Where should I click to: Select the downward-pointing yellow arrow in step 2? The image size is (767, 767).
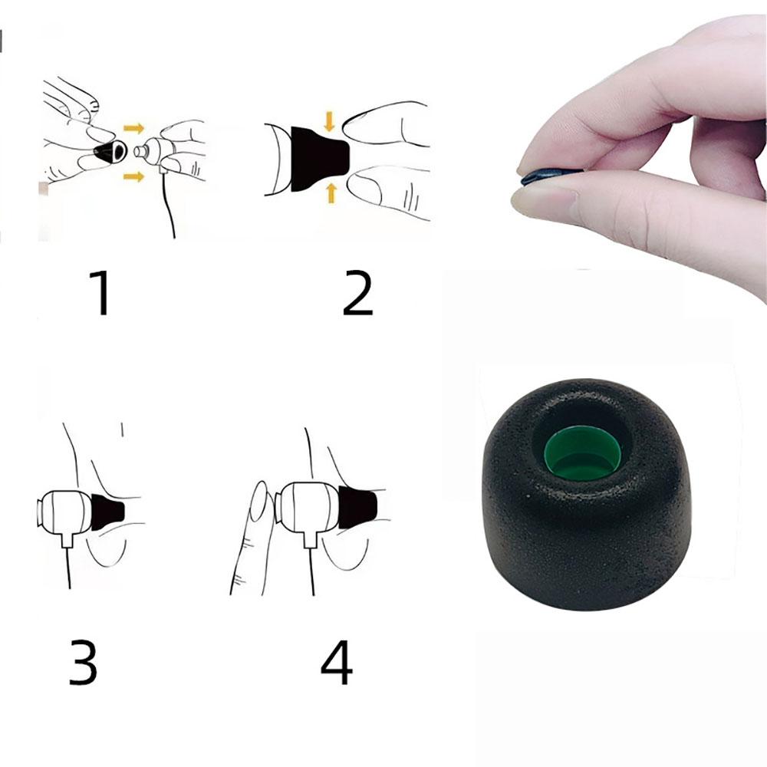tap(330, 121)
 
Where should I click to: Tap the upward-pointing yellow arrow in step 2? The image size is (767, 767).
tap(331, 192)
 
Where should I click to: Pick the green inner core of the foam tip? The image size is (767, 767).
tap(585, 453)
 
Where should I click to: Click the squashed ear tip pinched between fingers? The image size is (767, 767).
tap(546, 179)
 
